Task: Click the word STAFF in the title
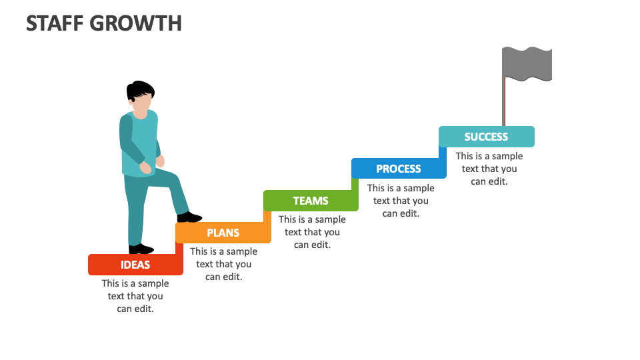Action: pyautogui.click(x=55, y=23)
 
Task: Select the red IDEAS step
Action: pyautogui.click(x=135, y=265)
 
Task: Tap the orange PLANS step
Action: pyautogui.click(x=223, y=233)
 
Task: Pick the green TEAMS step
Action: pyautogui.click(x=311, y=201)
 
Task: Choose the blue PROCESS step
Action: pyautogui.click(x=399, y=169)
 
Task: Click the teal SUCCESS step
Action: pyautogui.click(x=486, y=137)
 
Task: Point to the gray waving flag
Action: pyautogui.click(x=527, y=63)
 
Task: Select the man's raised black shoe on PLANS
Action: pyautogui.click(x=190, y=217)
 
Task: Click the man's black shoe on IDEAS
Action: pyautogui.click(x=141, y=249)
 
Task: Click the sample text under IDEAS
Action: pyautogui.click(x=135, y=296)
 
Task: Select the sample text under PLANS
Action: pyautogui.click(x=223, y=264)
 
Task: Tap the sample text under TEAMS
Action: pyautogui.click(x=312, y=232)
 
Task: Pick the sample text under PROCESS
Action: pyautogui.click(x=401, y=201)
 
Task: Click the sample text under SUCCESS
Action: pyautogui.click(x=489, y=169)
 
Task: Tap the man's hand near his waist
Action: pyautogui.click(x=159, y=161)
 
